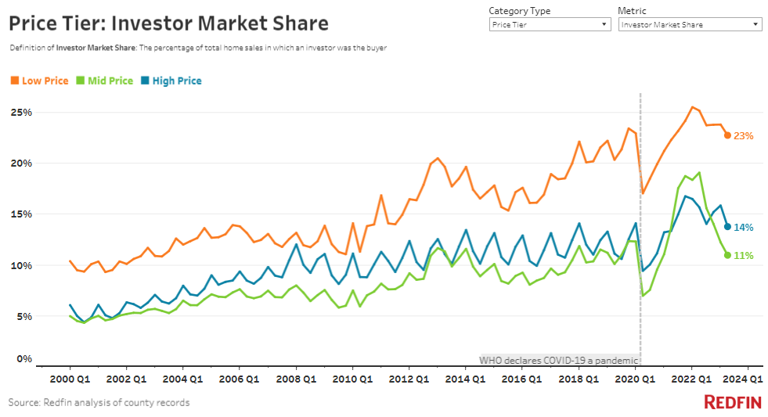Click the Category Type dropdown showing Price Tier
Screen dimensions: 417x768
549,25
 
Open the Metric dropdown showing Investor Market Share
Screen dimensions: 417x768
689,25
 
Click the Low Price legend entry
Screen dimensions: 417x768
39,81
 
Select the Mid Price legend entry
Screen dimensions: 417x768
103,81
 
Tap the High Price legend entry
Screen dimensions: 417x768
171,81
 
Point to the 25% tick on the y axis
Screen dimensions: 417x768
21,113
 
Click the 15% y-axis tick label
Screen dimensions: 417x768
21,214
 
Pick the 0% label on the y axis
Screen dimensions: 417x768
24,359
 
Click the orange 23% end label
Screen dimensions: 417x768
743,136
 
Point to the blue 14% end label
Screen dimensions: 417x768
743,228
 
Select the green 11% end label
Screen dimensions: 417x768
743,256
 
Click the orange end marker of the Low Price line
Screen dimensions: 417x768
727,135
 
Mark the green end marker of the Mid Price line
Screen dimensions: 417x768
727,255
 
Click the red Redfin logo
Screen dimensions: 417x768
733,403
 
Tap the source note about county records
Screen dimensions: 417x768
99,403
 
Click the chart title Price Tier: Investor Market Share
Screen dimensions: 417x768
168,23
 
